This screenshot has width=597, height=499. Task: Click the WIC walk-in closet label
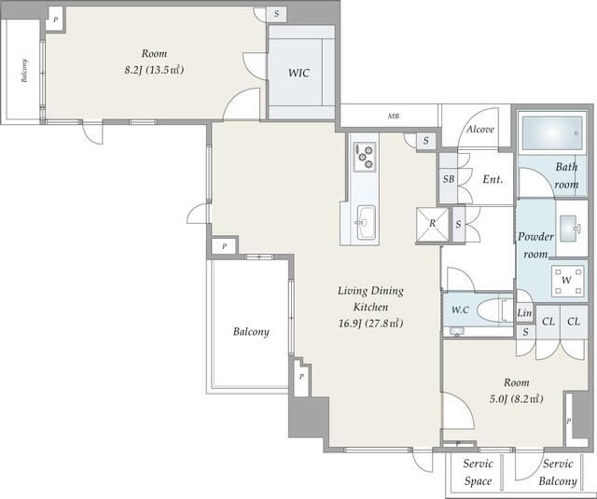[x=298, y=73]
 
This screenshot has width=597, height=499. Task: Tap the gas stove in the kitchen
[x=365, y=157]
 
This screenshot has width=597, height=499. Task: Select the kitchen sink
[x=366, y=222]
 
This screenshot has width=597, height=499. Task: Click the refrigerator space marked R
[x=432, y=225]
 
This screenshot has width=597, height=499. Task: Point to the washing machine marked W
[x=567, y=281]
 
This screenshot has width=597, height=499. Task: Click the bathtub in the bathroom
[x=552, y=132]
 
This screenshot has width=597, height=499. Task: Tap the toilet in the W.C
[x=494, y=310]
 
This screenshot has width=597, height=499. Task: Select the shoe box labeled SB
[x=449, y=178]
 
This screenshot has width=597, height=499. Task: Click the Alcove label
[x=480, y=130]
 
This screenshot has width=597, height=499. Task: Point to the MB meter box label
[x=394, y=116]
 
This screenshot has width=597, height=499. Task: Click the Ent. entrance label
[x=493, y=179]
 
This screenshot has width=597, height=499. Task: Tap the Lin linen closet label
[x=524, y=312]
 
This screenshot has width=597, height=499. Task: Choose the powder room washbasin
[x=572, y=228]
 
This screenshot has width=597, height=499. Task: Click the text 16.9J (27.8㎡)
[x=371, y=324]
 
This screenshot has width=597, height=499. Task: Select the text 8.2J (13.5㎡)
[x=154, y=70]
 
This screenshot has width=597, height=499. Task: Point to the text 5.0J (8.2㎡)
[x=516, y=398]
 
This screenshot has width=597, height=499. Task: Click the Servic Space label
[x=478, y=472]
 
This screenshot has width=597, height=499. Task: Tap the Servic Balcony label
[x=558, y=472]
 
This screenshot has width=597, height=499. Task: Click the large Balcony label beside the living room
[x=251, y=331]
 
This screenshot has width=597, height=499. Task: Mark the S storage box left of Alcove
[x=426, y=141]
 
